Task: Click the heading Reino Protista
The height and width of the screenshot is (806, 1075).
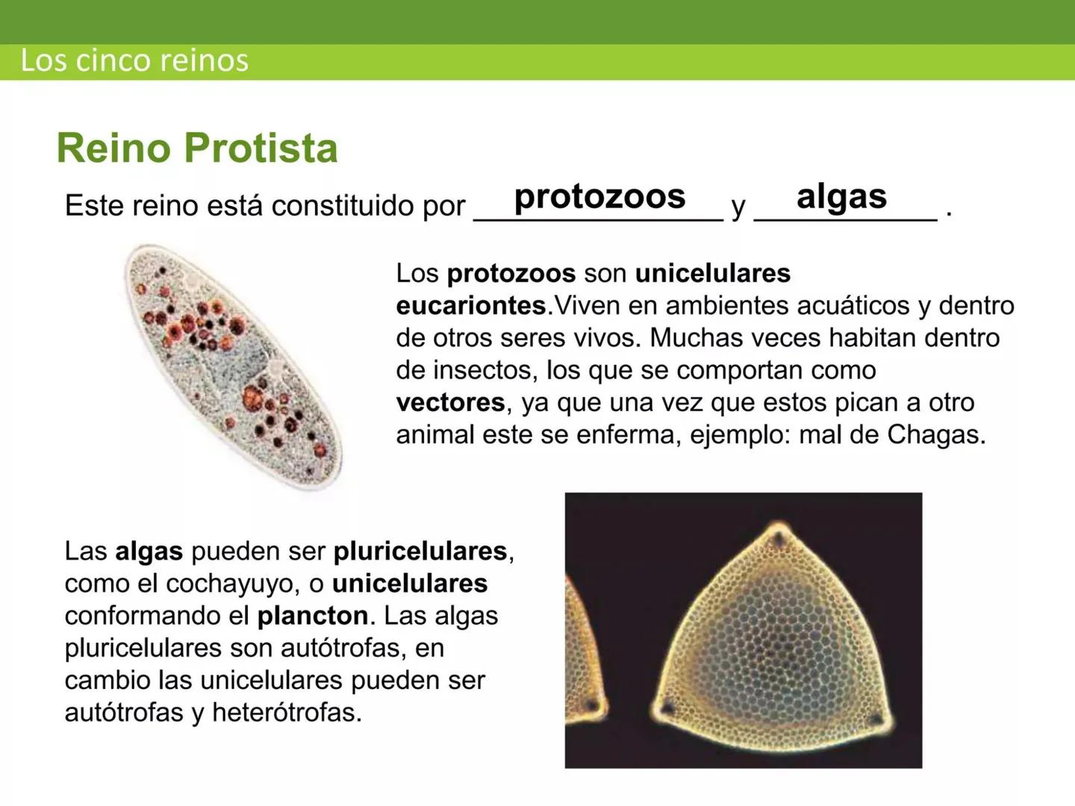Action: click(x=197, y=148)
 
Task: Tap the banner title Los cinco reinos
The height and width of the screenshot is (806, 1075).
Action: click(x=134, y=60)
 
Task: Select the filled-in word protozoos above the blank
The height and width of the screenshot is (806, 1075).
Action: click(x=599, y=196)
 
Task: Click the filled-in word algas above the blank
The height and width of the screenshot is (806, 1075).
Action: click(x=841, y=196)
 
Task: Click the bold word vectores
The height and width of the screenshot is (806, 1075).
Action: click(x=450, y=402)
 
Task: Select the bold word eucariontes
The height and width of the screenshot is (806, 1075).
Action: click(x=471, y=305)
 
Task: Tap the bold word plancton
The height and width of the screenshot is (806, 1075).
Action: click(x=312, y=616)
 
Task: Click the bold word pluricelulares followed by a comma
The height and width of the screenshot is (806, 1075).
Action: click(x=420, y=551)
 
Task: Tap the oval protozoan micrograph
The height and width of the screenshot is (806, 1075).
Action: click(x=232, y=366)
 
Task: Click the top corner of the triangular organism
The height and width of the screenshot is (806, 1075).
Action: click(x=779, y=534)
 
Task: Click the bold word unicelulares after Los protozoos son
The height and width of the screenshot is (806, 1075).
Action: click(x=712, y=273)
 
